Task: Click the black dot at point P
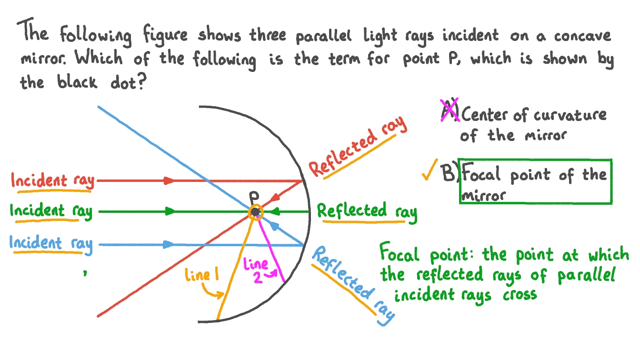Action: [x=256, y=211]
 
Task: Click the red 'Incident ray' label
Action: [x=52, y=181]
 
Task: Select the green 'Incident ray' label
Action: [x=50, y=211]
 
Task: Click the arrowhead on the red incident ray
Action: [x=169, y=181]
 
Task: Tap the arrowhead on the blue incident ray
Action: [x=169, y=245]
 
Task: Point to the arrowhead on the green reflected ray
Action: [x=276, y=211]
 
